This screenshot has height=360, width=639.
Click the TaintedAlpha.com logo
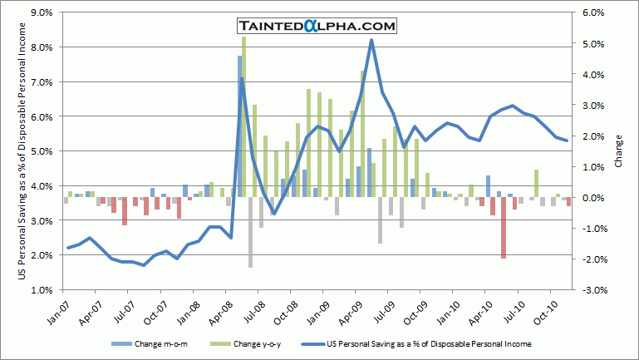(317, 27)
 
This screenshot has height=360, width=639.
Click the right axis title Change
(618, 151)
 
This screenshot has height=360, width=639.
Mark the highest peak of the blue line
(371, 40)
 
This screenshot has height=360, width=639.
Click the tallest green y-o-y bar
(243, 116)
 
